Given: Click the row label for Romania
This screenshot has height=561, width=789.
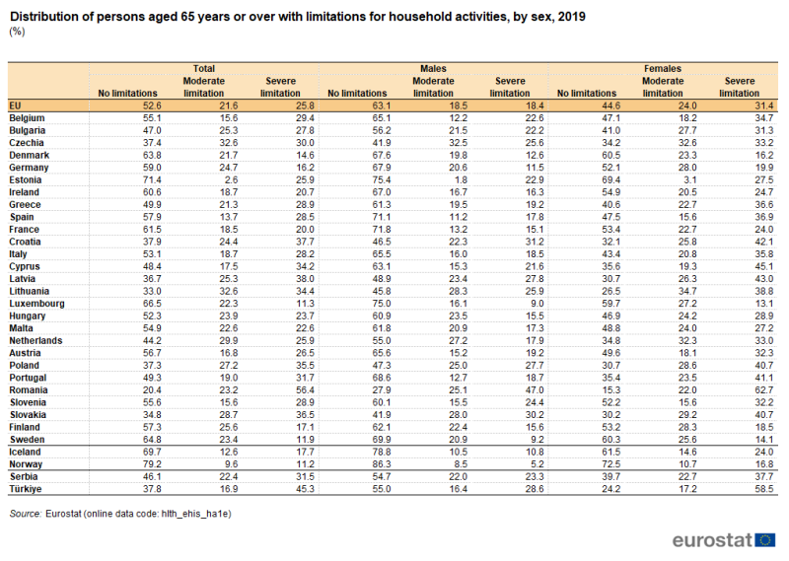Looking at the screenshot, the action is click(29, 389).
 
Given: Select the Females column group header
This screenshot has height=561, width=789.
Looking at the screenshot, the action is click(662, 68).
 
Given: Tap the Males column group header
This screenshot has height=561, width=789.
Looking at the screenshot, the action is click(433, 68).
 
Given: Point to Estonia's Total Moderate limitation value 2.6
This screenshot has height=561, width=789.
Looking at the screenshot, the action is click(232, 179).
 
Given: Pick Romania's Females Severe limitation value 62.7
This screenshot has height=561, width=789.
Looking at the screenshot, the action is click(763, 389).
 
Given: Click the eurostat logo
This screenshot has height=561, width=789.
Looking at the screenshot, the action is click(724, 540).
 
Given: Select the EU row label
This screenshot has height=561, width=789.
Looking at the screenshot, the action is click(15, 105).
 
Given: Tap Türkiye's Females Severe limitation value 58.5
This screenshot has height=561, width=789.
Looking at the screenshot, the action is click(763, 489).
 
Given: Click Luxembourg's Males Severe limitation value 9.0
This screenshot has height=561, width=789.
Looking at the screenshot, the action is click(537, 304).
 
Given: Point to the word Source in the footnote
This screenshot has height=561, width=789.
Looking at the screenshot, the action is click(26, 514).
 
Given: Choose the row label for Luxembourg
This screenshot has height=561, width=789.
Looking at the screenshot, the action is click(36, 304).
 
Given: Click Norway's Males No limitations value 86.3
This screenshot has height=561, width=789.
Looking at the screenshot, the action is click(382, 464).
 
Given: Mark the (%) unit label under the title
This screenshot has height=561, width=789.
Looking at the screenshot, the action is click(17, 32).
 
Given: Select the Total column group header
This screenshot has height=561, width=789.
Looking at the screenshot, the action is click(204, 68).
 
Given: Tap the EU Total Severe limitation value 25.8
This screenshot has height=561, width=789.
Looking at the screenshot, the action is click(305, 105).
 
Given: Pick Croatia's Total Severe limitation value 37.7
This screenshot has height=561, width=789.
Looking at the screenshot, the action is click(305, 242).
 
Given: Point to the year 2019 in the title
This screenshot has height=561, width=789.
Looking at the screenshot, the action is click(572, 17).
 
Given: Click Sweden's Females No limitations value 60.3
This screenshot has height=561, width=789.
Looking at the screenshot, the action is click(610, 440).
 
